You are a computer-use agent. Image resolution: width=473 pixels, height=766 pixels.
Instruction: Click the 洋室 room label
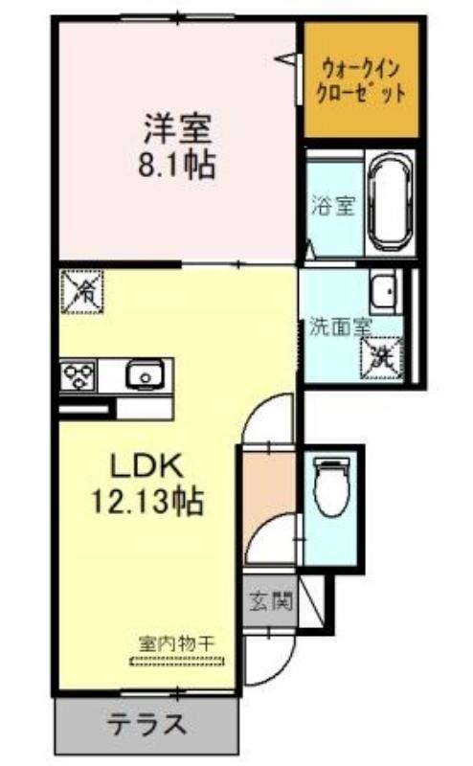(177, 128)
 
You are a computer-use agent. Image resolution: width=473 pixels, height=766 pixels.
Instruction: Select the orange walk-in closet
(362, 80)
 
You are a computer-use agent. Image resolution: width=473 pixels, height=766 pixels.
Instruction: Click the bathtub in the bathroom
(390, 203)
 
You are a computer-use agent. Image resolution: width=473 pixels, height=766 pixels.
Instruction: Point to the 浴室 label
(334, 207)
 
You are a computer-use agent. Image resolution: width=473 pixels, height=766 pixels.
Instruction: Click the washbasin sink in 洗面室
(385, 291)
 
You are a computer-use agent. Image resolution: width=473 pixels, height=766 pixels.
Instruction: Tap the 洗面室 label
(341, 327)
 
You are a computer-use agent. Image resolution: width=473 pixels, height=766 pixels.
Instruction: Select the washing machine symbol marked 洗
(381, 357)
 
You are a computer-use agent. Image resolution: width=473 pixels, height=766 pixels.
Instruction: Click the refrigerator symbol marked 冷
(81, 291)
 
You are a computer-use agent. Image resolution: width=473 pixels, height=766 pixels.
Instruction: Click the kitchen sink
(145, 375)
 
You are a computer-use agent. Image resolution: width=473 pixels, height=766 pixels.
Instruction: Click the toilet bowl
(332, 486)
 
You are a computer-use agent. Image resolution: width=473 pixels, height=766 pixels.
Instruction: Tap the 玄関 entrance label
(271, 601)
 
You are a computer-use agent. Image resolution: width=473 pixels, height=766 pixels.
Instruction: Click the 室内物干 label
(176, 643)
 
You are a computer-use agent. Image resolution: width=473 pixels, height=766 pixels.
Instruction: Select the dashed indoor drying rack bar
(177, 662)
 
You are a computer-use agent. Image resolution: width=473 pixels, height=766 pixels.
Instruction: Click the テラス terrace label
(146, 724)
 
